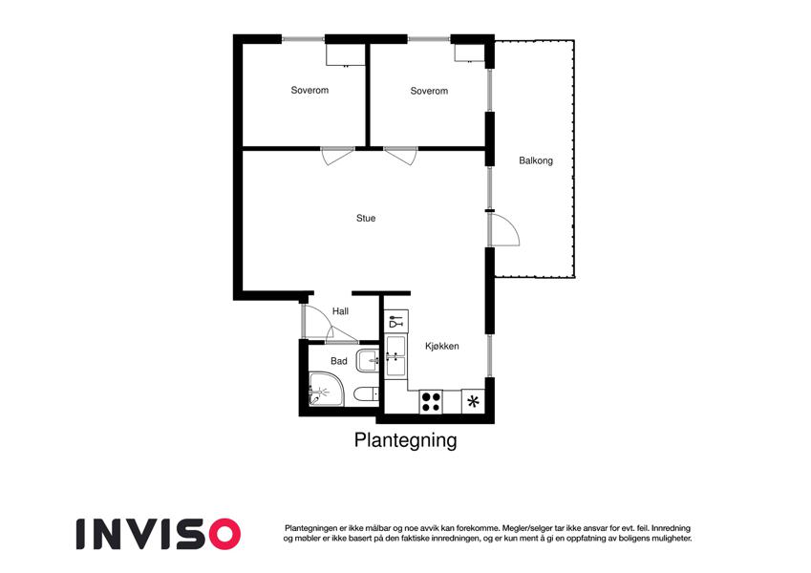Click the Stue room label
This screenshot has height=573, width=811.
(x=366, y=219)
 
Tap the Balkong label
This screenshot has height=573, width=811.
(x=536, y=160)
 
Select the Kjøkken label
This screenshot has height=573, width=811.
(x=442, y=346)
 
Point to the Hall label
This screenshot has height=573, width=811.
(x=340, y=311)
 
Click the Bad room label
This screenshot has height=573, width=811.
(x=339, y=361)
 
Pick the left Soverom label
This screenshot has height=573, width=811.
(x=309, y=90)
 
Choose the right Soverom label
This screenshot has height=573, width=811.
(x=429, y=91)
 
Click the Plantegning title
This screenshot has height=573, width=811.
(x=405, y=440)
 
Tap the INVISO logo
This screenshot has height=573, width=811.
(x=159, y=534)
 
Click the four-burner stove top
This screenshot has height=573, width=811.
(x=431, y=402)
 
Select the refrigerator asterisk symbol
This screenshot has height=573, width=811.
(x=473, y=402)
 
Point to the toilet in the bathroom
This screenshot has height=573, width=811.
(x=366, y=394)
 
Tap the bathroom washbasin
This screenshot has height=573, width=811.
(x=368, y=360)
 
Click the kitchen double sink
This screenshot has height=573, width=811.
(x=395, y=356)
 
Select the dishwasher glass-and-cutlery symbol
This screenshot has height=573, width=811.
(x=395, y=321)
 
